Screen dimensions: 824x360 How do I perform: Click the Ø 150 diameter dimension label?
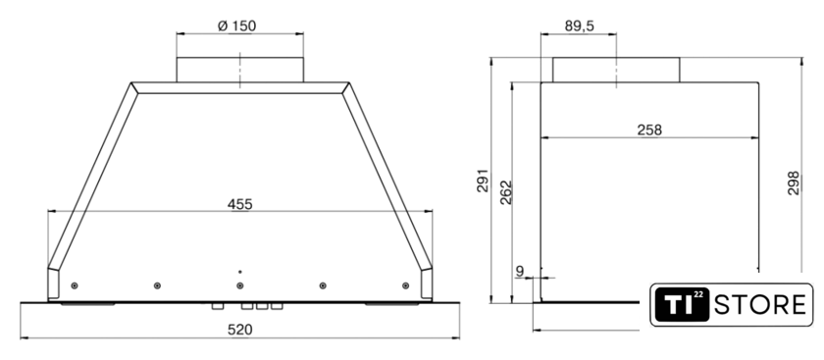tap(237, 26)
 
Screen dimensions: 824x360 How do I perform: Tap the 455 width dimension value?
tap(239, 204)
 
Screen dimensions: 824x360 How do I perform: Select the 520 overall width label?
tap(239, 330)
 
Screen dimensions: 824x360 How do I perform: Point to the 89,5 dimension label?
tap(580, 26)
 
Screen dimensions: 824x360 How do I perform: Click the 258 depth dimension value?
tap(649, 129)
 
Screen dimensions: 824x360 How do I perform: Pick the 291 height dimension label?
tap(483, 180)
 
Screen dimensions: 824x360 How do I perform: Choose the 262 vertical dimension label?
tap(505, 192)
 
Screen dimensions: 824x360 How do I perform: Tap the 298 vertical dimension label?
tap(793, 182)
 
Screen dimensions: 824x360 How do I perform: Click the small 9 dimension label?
tap(520, 271)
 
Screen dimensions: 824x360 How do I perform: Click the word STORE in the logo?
tap(760, 305)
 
